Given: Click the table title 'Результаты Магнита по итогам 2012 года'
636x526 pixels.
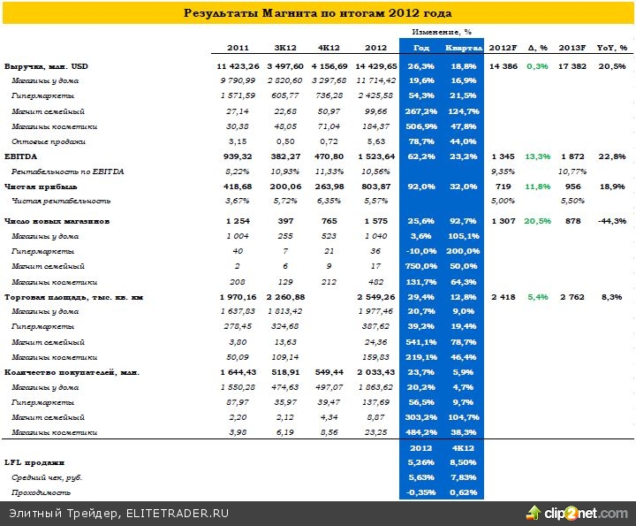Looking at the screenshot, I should [x=317, y=13].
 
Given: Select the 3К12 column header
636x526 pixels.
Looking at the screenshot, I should [x=285, y=48].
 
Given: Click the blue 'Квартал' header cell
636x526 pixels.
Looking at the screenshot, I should [x=463, y=48].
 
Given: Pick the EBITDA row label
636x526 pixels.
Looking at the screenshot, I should [x=21, y=154].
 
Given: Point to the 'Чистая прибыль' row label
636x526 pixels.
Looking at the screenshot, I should [x=32, y=186].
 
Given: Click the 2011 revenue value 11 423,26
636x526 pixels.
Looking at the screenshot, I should [x=235, y=67].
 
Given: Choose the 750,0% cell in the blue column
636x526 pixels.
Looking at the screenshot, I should [x=419, y=266].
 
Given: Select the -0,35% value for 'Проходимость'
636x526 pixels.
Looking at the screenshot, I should [x=420, y=492].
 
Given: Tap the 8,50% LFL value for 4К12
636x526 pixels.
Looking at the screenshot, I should [x=464, y=461].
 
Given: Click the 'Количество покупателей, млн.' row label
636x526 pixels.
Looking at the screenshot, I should [x=72, y=372].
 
